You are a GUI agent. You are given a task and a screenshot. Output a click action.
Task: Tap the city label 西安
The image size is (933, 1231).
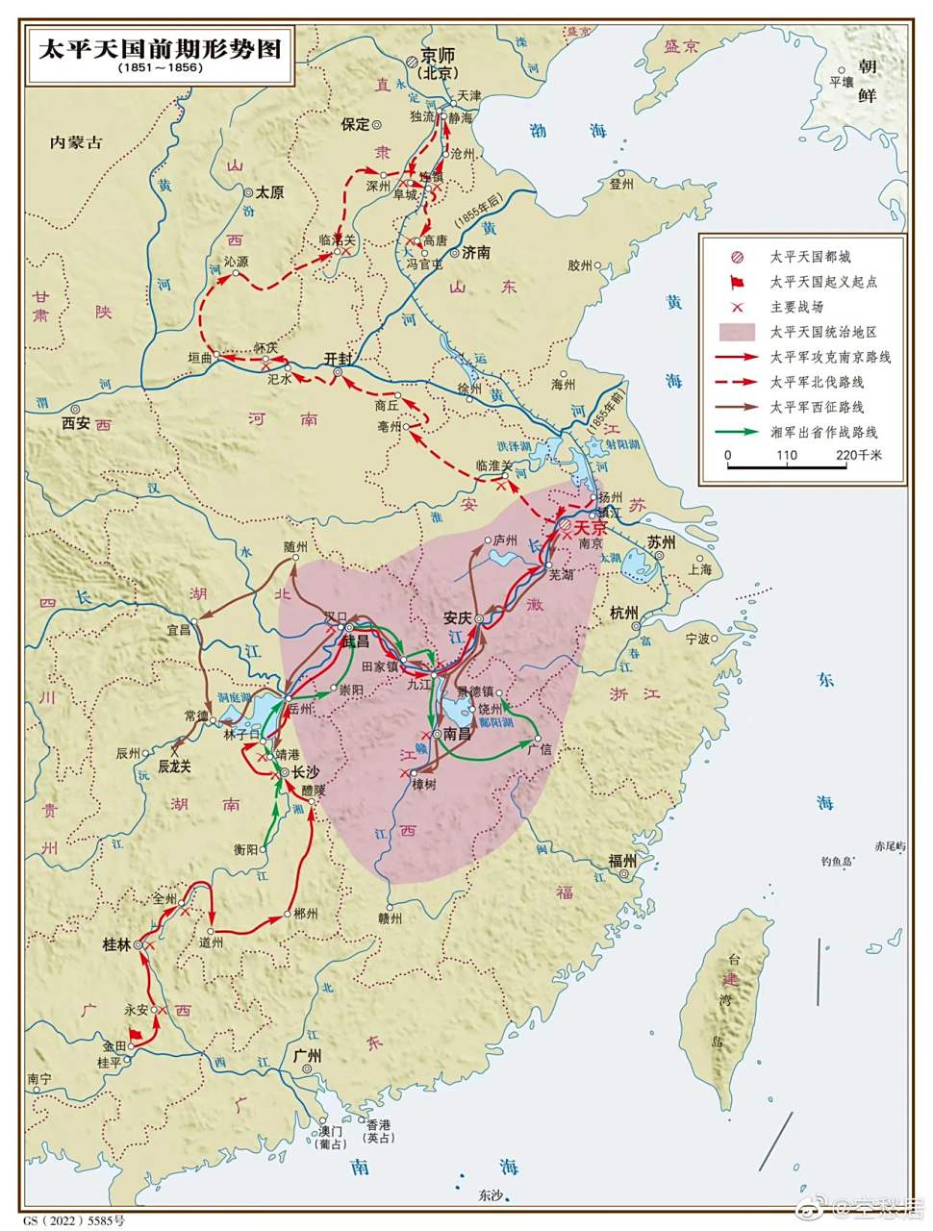coord(75,421)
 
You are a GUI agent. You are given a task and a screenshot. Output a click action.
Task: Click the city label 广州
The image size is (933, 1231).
coord(306,1055)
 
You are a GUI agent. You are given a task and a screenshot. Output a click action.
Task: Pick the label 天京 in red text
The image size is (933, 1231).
coord(591,529)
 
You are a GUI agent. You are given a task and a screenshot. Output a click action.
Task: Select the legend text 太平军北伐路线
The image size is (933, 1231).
coord(817,382)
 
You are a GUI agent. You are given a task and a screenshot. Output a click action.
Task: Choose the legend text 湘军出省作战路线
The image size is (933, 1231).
coord(823,432)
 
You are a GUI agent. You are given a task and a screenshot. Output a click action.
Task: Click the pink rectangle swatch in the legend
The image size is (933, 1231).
coord(737,332)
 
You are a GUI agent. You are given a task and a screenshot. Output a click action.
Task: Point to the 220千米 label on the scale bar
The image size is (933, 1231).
coord(858,455)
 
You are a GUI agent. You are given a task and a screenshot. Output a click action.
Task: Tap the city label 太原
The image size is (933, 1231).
coord(269,192)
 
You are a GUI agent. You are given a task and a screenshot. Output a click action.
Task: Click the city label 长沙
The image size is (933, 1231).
coord(305,771)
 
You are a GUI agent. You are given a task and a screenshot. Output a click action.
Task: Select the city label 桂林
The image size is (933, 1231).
coord(116,944)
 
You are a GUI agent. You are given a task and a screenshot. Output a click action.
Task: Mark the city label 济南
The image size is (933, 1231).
coord(476,253)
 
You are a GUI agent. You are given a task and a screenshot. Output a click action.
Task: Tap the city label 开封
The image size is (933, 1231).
coord(338,357)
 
